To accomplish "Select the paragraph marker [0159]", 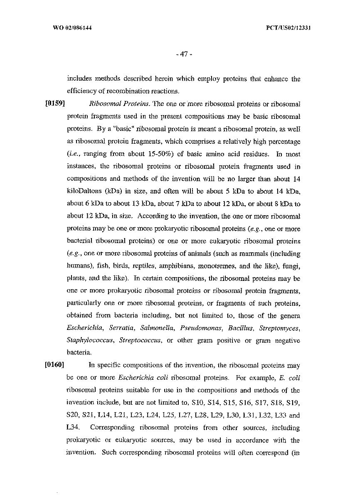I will [53, 103].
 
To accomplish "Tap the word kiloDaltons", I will [84, 191].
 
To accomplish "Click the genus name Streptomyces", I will [279, 328].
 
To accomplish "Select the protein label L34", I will [72, 428].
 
